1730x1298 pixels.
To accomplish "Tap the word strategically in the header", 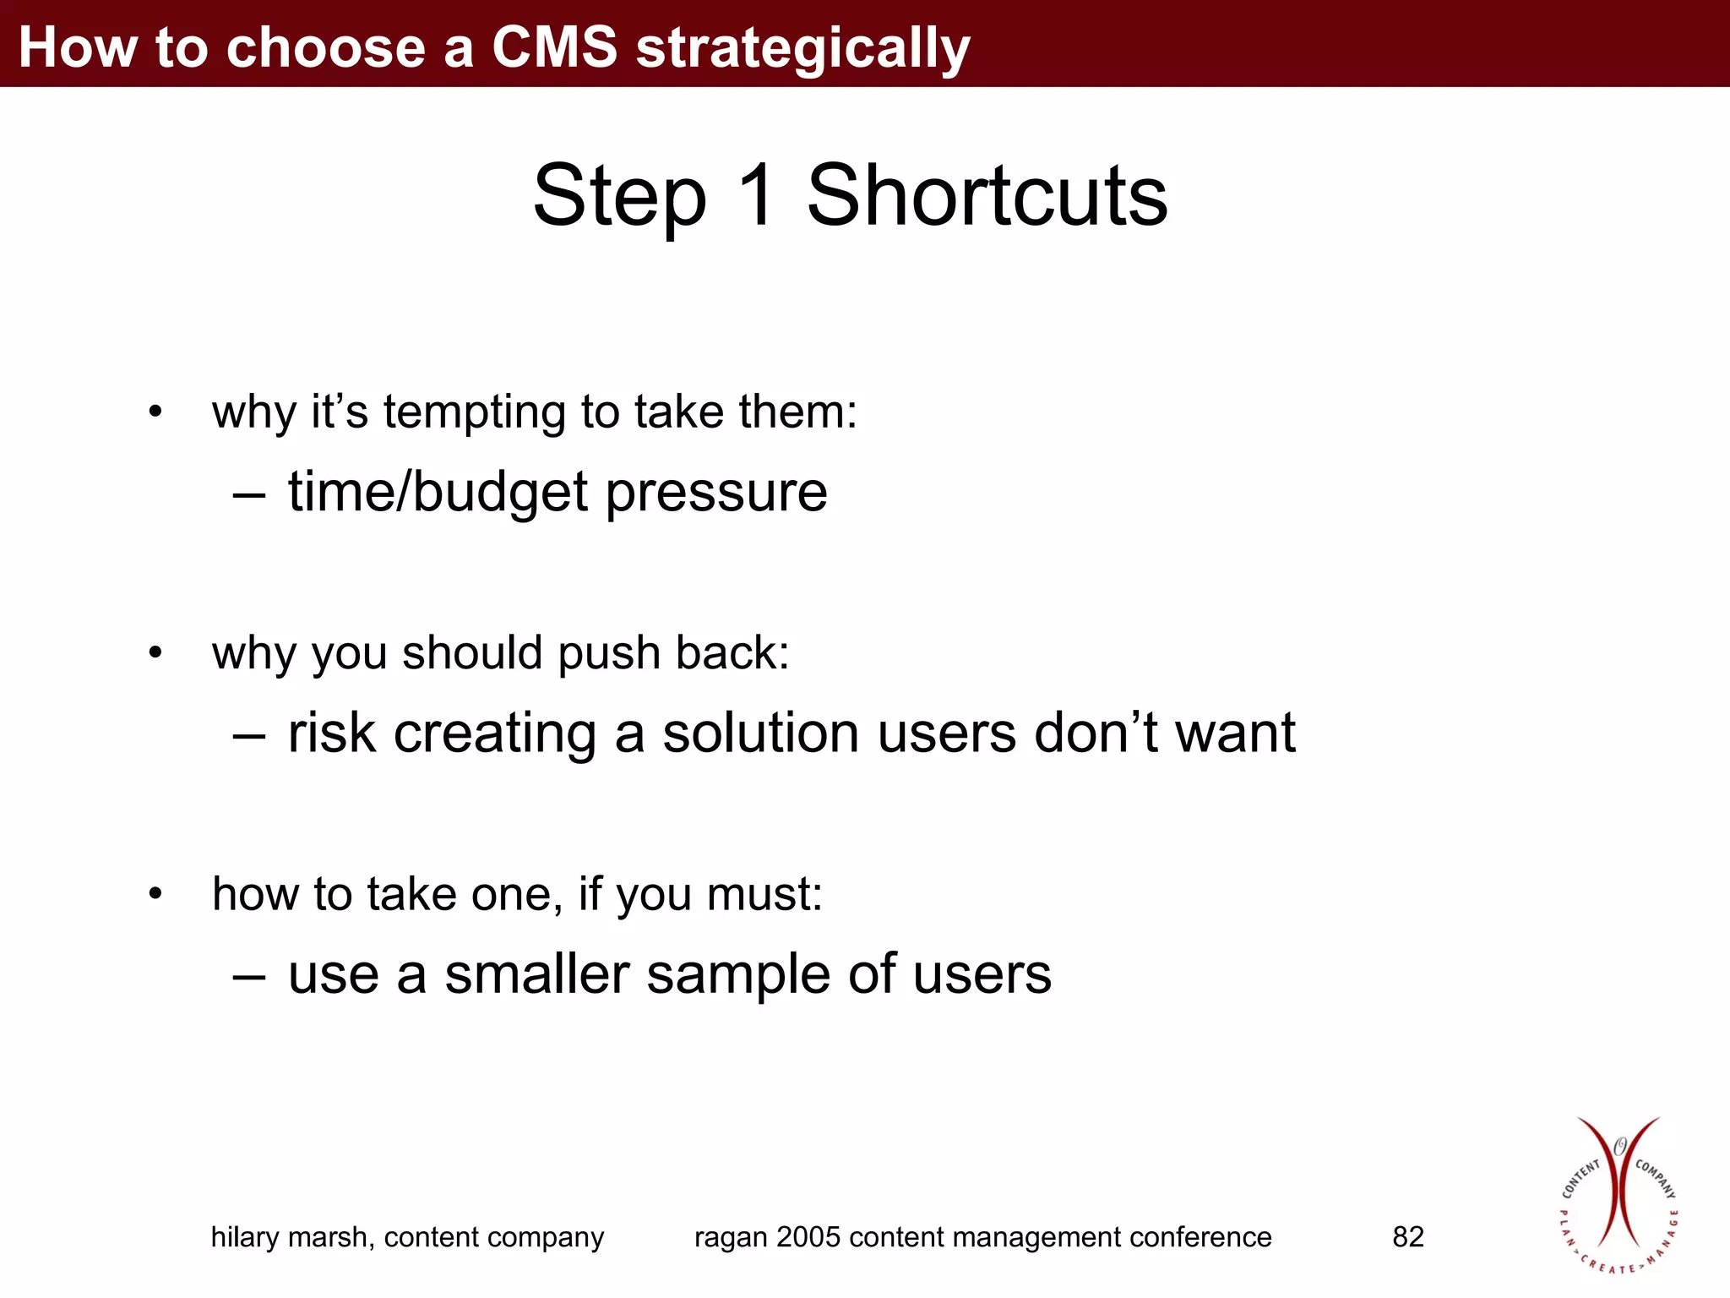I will point(802,49).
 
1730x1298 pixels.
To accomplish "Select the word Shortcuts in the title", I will point(987,195).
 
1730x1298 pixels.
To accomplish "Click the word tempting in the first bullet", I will point(474,413).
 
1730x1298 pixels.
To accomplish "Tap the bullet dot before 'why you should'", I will point(155,653).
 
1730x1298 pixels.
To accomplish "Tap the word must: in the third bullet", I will point(764,894).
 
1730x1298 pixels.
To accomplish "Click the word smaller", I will point(537,974).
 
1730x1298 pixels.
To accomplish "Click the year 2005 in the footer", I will point(808,1237).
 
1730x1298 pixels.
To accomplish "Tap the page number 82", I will point(1408,1237).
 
